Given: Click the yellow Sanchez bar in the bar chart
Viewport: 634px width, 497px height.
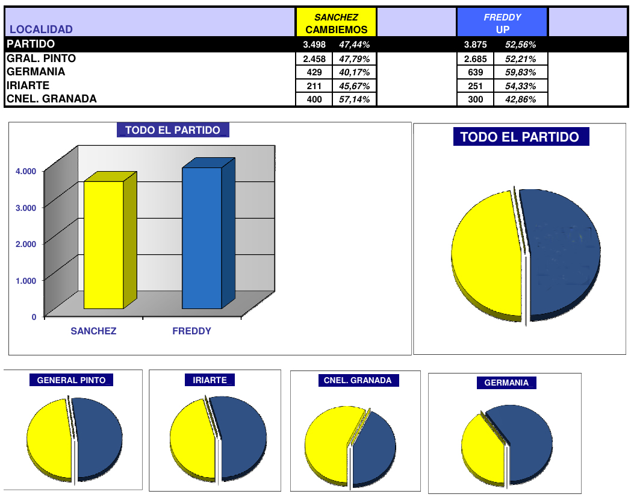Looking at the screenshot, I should pyautogui.click(x=104, y=244).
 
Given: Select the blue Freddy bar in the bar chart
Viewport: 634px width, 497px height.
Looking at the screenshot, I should pyautogui.click(x=202, y=238).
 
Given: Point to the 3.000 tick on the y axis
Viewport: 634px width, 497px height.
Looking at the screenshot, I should pyautogui.click(x=25, y=207).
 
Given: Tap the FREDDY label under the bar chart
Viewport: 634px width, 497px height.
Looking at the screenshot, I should pyautogui.click(x=191, y=331).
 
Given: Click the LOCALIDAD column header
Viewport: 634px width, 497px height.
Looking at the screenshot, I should pyautogui.click(x=42, y=29).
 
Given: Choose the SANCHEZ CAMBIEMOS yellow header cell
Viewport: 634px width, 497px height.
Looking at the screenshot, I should pyautogui.click(x=336, y=23).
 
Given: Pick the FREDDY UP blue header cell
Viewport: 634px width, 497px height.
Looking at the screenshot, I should pyautogui.click(x=502, y=23).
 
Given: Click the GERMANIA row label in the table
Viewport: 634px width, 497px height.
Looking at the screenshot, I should pyautogui.click(x=36, y=72).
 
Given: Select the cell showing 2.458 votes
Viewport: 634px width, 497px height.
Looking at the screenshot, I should pyautogui.click(x=314, y=58).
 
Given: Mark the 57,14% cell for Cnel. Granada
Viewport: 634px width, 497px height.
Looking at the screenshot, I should pyautogui.click(x=354, y=99).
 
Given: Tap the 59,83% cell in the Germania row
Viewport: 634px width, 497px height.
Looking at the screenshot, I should pyautogui.click(x=520, y=72).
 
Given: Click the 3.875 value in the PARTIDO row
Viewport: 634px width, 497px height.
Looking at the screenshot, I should pyautogui.click(x=475, y=45).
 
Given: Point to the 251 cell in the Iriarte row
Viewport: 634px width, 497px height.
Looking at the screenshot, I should pyautogui.click(x=475, y=86).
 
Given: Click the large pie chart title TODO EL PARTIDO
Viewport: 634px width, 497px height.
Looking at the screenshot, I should pyautogui.click(x=520, y=137).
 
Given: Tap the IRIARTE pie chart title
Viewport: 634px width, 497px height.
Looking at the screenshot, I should pyautogui.click(x=210, y=380).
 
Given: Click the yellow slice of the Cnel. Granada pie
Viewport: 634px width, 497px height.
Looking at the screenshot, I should pyautogui.click(x=328, y=443).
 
